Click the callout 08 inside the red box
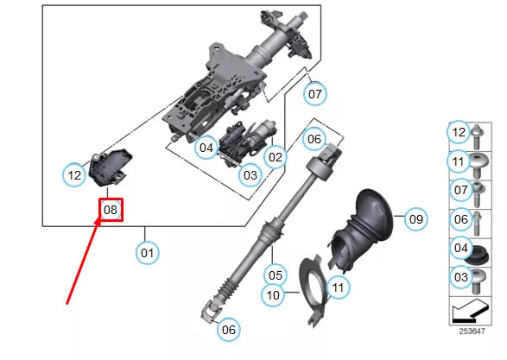point(111,210)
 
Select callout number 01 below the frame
point(147,253)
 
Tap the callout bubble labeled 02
point(276,157)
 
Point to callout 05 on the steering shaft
point(275,275)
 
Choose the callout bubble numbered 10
point(273,295)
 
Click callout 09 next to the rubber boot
point(415,219)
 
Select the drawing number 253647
point(472,331)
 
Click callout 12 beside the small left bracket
point(75,175)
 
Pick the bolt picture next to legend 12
point(481,132)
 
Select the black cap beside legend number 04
point(481,256)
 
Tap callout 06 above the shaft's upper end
point(314,138)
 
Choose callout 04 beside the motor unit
point(206,148)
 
